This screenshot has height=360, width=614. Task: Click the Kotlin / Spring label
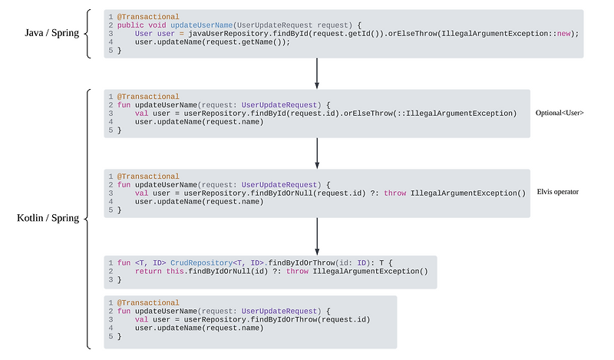(x=48, y=219)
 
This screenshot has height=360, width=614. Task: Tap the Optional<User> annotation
(x=560, y=114)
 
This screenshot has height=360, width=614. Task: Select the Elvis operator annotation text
(x=558, y=192)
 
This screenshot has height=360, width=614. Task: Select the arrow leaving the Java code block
(x=317, y=73)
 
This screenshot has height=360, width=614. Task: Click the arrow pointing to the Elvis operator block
(x=317, y=154)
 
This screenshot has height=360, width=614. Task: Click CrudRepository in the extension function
(x=193, y=263)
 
